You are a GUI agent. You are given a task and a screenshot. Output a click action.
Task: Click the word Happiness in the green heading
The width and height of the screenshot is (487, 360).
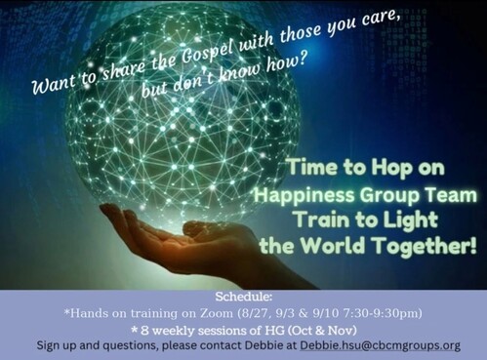(x=304, y=196)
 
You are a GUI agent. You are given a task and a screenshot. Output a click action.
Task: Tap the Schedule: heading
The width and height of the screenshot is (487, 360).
(x=243, y=297)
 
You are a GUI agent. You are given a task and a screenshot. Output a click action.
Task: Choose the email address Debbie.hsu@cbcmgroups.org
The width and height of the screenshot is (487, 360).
(x=380, y=345)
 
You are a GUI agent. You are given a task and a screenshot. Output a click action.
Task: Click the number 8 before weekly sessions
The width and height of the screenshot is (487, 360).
(x=145, y=331)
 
